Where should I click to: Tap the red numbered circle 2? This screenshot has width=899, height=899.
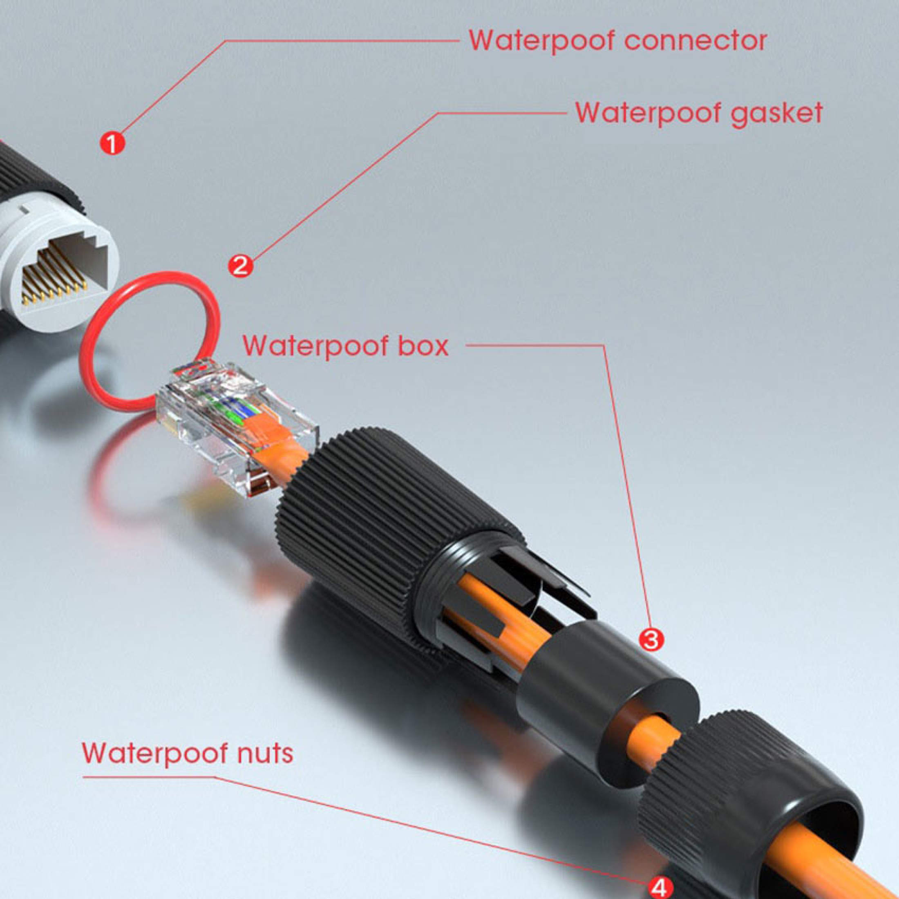[x=240, y=266]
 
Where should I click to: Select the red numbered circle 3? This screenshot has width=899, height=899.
[x=650, y=640]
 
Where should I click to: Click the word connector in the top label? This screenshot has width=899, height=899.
[x=695, y=41]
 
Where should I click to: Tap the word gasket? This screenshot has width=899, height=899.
[x=776, y=114]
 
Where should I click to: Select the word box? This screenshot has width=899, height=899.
[x=425, y=346]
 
